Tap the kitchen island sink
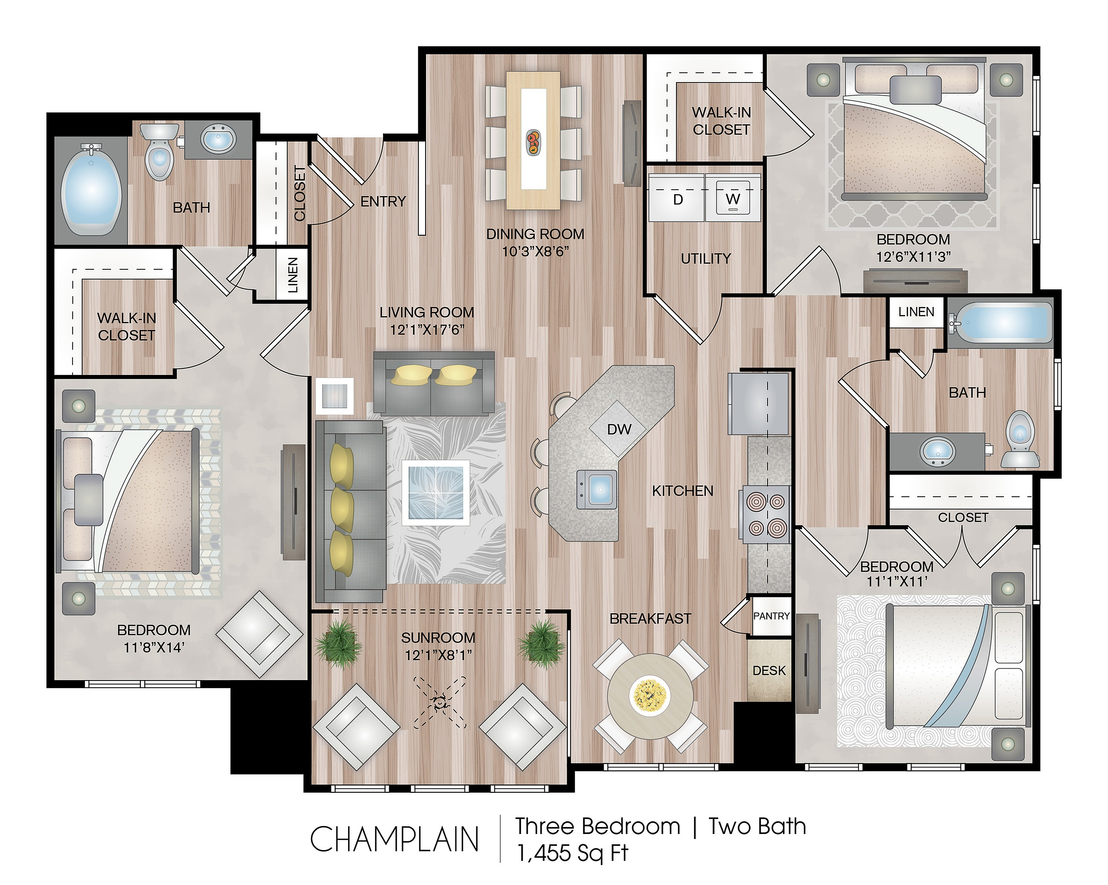597,489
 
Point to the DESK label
769,671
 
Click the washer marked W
733,198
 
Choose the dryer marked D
677,198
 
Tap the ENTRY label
383,201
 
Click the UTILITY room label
706,259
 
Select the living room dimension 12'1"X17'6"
427,329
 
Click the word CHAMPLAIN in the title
394,839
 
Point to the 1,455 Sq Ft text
572,854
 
